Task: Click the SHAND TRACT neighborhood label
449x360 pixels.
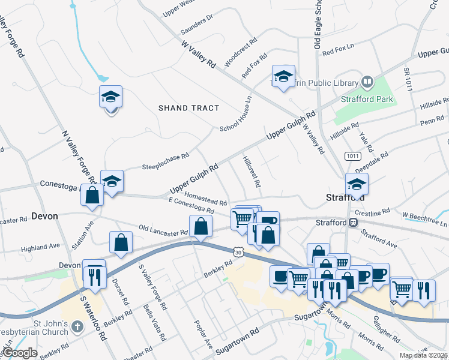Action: coord(189,108)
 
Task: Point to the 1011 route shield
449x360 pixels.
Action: coord(352,156)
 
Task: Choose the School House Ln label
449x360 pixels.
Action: coord(235,115)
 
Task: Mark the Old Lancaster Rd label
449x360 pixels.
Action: coord(163,230)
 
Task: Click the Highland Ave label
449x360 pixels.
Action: coord(41,246)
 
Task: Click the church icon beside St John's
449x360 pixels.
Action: coord(76,327)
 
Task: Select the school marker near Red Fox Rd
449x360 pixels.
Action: coord(283,77)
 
